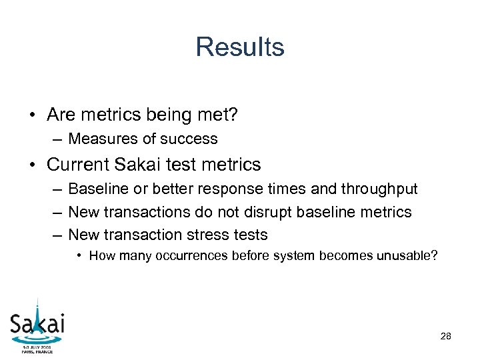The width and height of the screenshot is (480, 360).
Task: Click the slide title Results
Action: point(240,47)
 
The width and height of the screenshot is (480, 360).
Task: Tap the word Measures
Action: point(101,139)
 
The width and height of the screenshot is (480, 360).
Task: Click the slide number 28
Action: point(446,337)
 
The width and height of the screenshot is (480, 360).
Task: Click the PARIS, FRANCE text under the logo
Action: point(37,352)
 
